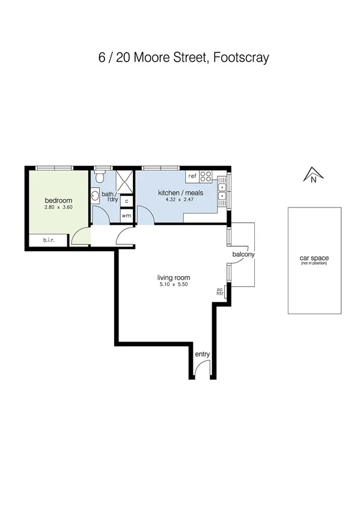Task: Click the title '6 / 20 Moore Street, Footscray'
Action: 183,58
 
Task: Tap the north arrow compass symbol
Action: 313,174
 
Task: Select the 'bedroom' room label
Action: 58,200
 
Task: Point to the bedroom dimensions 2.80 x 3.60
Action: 58,207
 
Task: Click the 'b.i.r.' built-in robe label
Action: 49,241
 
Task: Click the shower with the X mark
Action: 124,180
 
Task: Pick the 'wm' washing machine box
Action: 126,215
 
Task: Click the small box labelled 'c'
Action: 126,201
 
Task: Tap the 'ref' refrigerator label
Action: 192,176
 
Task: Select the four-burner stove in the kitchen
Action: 206,176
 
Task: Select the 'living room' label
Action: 173,278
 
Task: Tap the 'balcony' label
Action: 243,254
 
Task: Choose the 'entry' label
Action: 203,354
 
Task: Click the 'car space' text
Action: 314,258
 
